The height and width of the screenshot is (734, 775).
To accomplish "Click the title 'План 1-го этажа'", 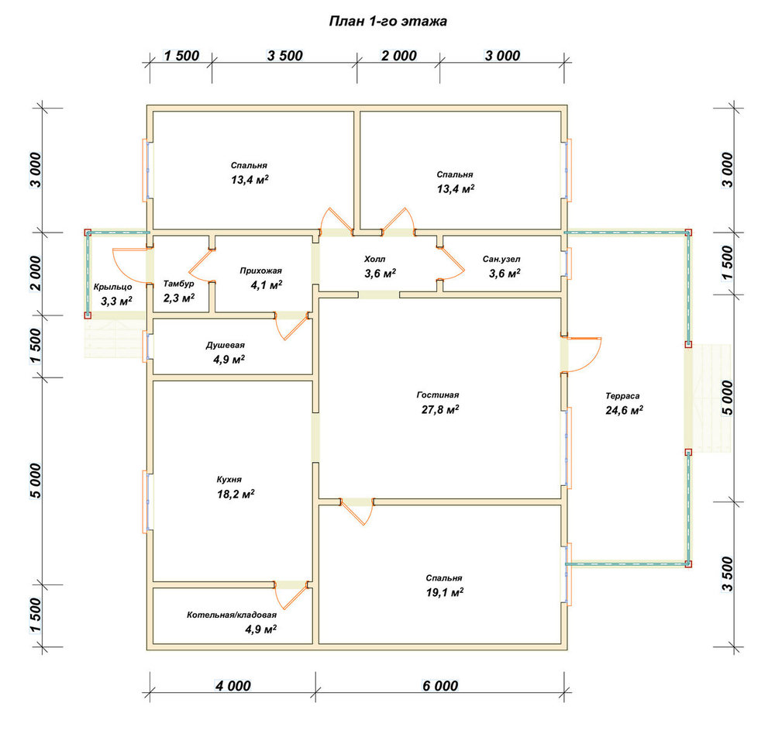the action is click(388, 21).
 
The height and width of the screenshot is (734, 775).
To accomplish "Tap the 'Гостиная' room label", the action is click(438, 395).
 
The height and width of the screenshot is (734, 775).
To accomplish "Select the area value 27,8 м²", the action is click(440, 409).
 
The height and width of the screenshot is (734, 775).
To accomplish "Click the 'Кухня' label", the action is click(229, 480).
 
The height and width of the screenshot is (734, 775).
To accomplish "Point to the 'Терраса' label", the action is click(622, 396).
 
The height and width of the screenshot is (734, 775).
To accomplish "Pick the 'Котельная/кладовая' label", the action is click(232, 615).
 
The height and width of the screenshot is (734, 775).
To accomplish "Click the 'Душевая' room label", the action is click(226, 345).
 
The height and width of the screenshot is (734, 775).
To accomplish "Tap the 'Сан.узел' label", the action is click(501, 260).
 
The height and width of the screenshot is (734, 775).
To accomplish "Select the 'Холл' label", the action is click(374, 259).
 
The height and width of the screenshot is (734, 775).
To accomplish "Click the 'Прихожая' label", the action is click(261, 271).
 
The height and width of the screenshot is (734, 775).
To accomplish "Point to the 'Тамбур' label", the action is click(178, 284).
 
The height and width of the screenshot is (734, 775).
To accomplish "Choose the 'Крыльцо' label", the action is click(112, 288).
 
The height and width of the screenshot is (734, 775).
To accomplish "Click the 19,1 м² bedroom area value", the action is click(445, 592).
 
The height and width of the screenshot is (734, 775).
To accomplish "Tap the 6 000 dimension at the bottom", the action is click(440, 686).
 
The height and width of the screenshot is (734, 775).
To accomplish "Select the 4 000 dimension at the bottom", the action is click(232, 686).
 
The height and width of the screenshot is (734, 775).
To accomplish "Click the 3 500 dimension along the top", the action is click(284, 55).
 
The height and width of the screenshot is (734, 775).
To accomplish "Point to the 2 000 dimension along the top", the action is click(399, 55).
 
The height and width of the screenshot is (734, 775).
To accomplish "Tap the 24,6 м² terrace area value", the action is click(624, 410).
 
